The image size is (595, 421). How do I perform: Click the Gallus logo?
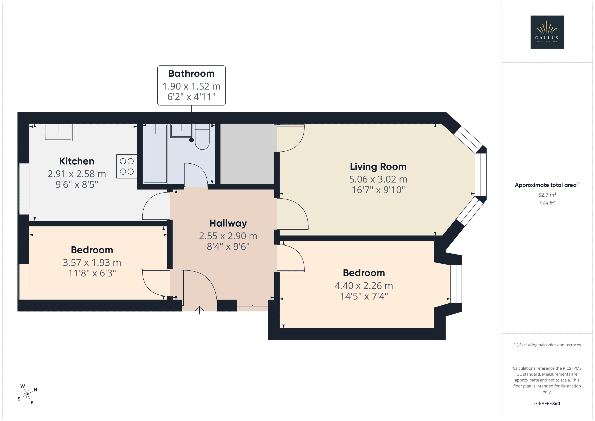tap(547, 32)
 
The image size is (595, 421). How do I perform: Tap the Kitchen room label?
tap(77, 161)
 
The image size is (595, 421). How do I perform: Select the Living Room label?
tap(378, 167)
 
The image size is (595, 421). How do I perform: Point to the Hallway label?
tap(228, 223)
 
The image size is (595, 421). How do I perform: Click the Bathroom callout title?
tap(192, 74)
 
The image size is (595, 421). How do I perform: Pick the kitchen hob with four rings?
tap(127, 166)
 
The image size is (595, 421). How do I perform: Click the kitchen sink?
tap(58, 132)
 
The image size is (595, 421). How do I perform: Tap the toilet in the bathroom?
tap(202, 137)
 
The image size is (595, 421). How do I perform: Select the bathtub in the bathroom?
tap(155, 154)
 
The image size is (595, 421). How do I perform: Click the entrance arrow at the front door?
tap(199, 310)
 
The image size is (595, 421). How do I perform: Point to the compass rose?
tap(27, 394)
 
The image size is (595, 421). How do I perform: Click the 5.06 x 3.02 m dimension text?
tap(378, 179)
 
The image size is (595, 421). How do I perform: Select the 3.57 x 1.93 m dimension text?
tap(92, 263)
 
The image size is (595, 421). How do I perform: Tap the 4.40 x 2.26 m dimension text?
tap(364, 286)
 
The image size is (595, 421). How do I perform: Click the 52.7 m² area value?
tap(547, 195)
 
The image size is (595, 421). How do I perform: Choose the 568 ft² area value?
tap(547, 203)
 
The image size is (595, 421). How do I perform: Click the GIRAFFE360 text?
tap(547, 404)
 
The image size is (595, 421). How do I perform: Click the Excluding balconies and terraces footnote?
tap(547, 345)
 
